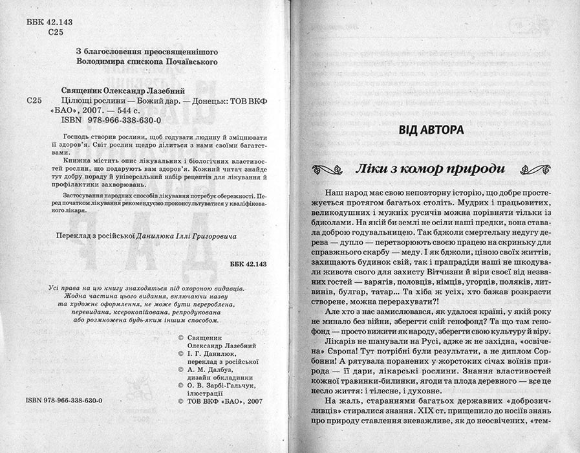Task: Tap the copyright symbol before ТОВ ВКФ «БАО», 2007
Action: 180,401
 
